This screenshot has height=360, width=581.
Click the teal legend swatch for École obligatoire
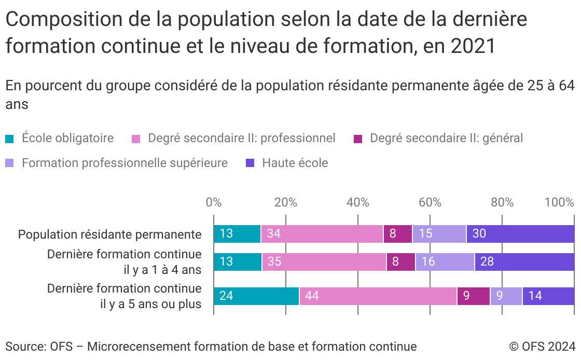pos(10,139)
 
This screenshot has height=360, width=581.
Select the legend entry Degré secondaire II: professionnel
pos(241,139)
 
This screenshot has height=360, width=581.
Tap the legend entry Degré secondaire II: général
pos(446,139)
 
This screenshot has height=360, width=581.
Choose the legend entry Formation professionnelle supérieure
pos(125,163)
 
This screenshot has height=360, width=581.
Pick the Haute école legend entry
pos(295,163)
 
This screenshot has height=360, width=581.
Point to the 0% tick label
pos(214,202)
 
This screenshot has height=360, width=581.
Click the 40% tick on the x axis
pos(358,202)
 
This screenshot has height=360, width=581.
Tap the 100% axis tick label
pos(559,202)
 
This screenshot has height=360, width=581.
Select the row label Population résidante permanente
pos(109,234)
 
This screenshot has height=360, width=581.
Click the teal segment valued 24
pos(256,296)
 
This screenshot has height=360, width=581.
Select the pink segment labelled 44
pos(378,296)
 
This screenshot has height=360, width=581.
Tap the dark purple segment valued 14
pos(548,296)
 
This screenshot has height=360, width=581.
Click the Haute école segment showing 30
pos(520,234)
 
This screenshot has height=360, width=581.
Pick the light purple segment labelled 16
pos(445,262)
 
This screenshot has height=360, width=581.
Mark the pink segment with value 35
pos(324,262)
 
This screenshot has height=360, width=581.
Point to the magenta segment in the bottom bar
pos(473,296)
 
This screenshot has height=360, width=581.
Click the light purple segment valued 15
pos(439,234)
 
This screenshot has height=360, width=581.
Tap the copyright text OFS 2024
pos(542,347)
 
